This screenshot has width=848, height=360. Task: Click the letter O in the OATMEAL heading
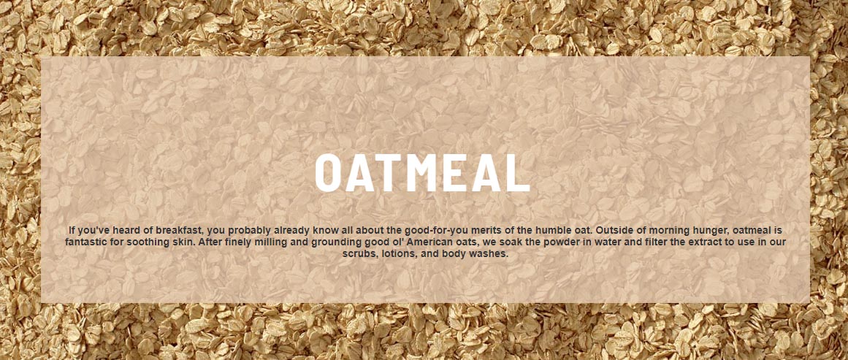pyautogui.click(x=328, y=172)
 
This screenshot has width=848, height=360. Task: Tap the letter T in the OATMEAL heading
pyautogui.click(x=393, y=172)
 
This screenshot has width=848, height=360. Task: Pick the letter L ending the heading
pyautogui.click(x=519, y=172)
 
